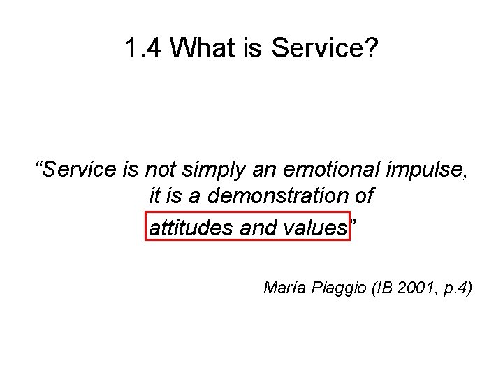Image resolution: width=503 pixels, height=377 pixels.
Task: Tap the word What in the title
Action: click(203, 49)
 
